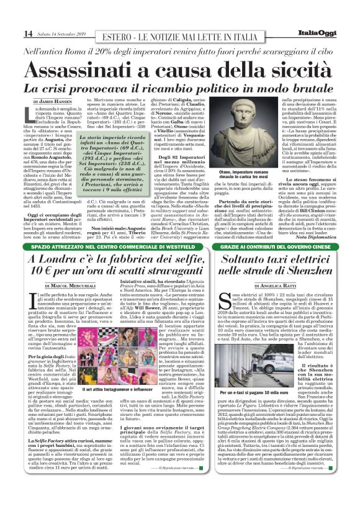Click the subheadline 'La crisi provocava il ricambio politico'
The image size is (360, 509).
click(x=179, y=86)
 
